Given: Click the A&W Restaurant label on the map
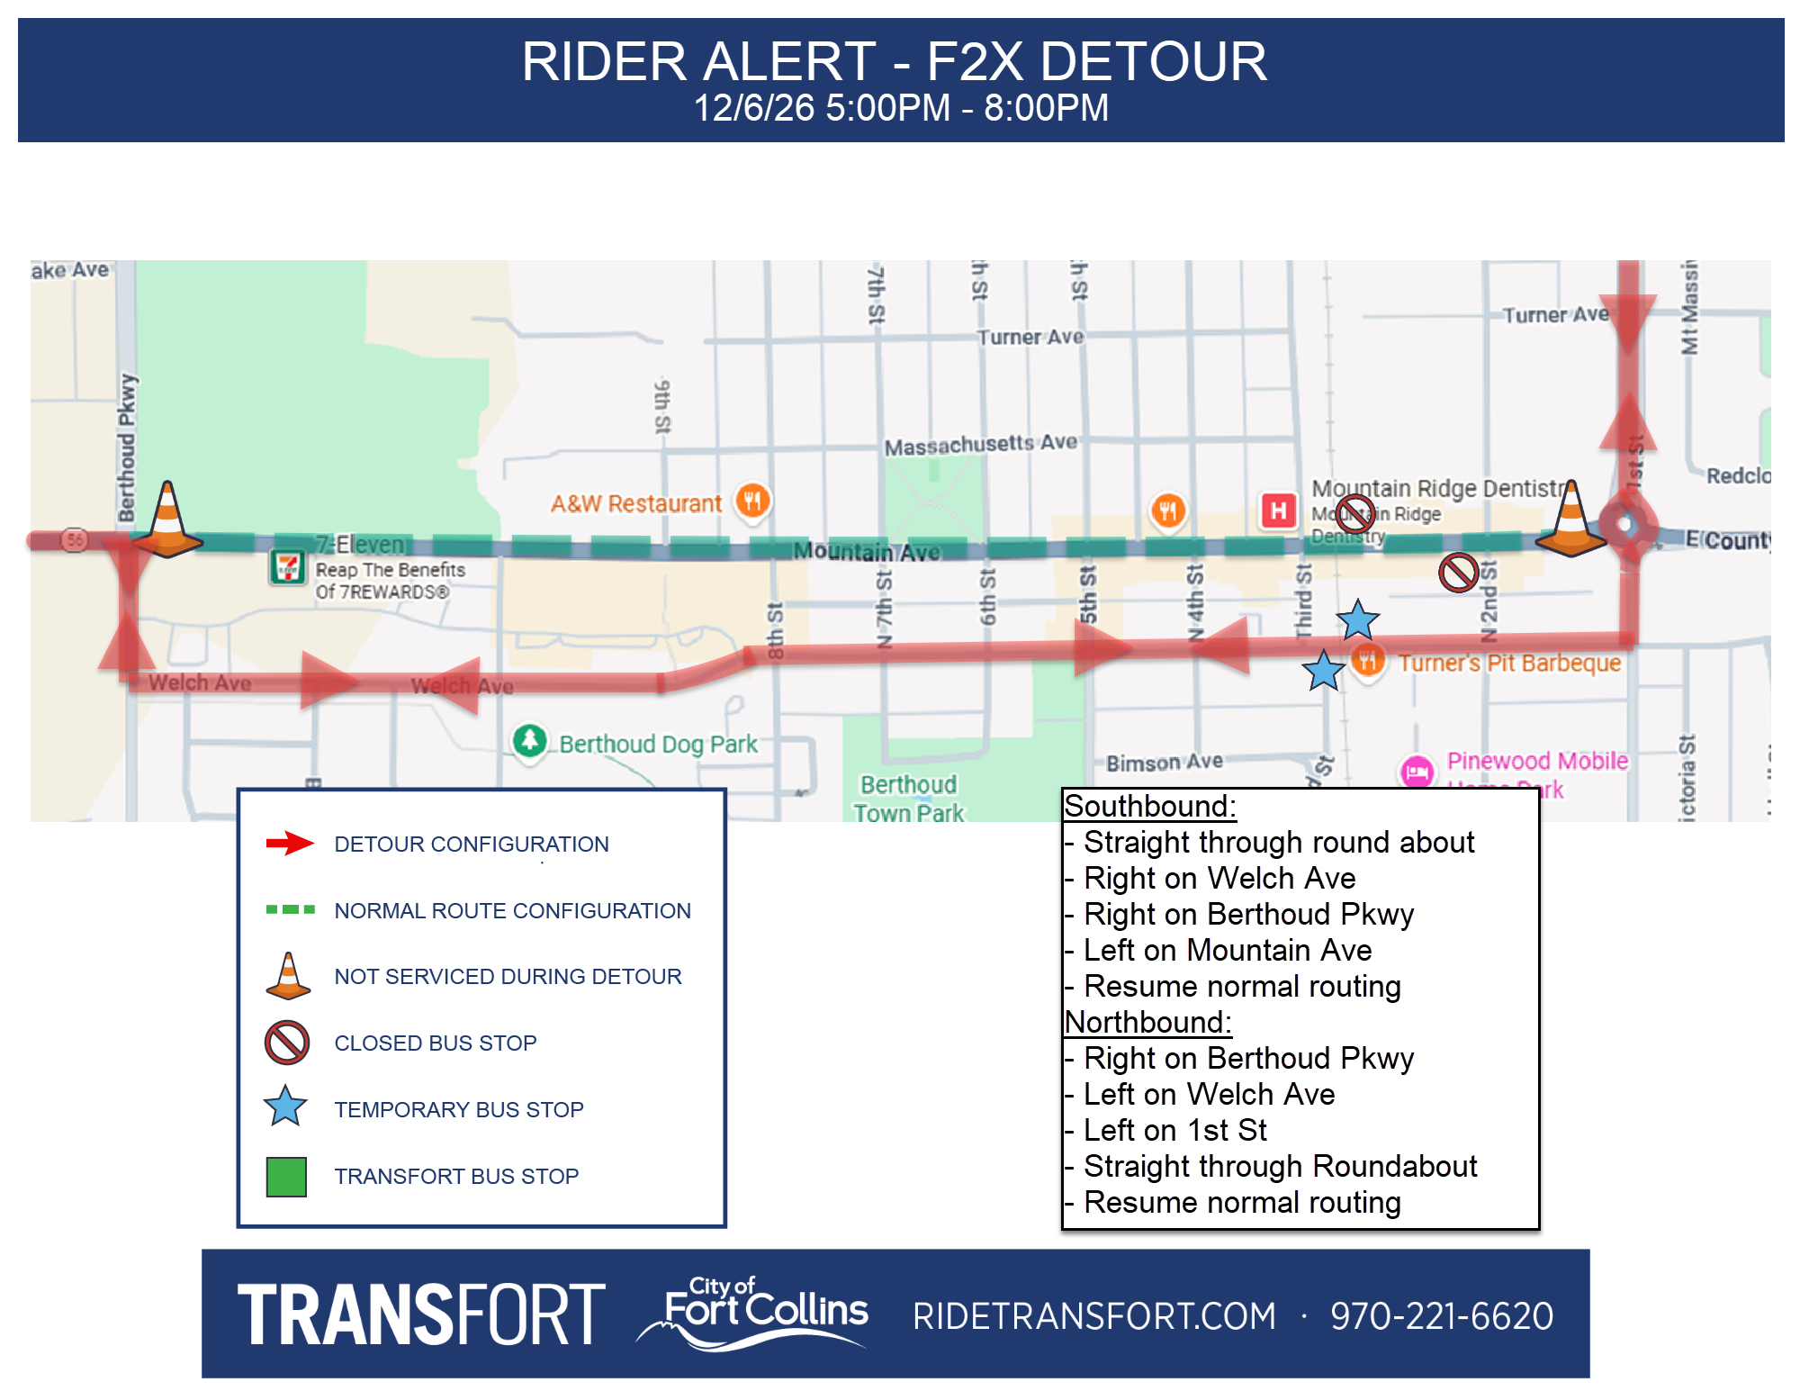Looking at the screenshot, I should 635,503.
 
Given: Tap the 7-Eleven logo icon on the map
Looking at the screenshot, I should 287,567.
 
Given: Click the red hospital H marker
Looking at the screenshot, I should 1278,510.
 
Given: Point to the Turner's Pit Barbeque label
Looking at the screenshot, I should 1508,664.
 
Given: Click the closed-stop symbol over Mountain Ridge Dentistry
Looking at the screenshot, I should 1354,513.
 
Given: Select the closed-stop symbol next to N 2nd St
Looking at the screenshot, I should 1458,572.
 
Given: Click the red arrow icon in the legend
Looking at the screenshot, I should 289,844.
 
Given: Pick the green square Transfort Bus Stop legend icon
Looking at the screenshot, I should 286,1176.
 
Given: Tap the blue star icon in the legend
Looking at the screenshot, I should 286,1107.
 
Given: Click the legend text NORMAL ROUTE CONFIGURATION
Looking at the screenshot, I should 512,910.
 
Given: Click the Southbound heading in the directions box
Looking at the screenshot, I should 1149,806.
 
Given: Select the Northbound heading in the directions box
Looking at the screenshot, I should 1147,1022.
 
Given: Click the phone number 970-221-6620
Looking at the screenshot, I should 1442,1315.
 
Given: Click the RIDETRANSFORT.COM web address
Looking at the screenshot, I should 1093,1315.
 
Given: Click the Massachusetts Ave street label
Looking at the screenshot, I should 980,445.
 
